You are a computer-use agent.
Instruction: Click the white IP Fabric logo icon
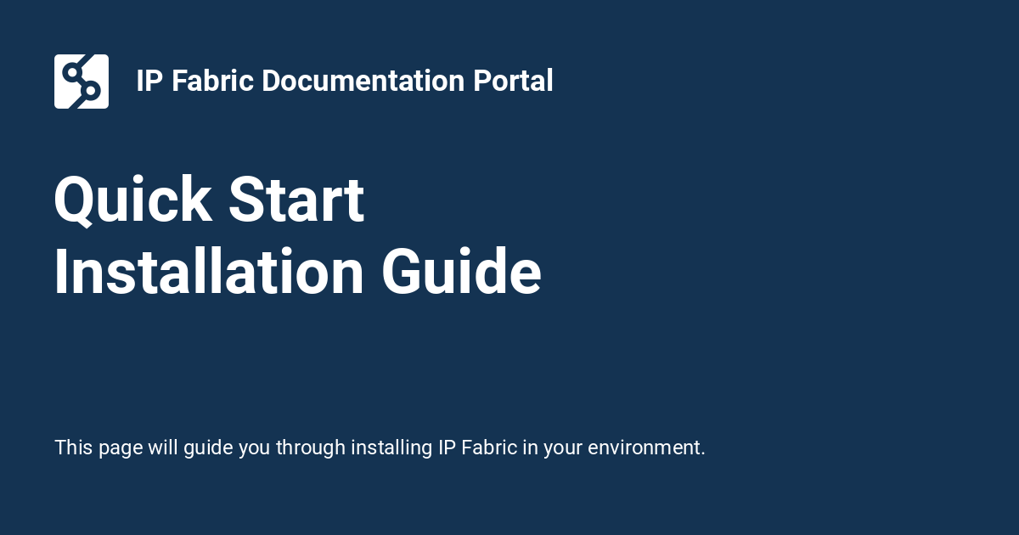coord(82,82)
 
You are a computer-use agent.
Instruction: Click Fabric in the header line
coord(213,82)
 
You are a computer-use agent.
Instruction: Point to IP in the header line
coord(149,82)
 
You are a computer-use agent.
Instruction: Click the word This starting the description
coord(74,448)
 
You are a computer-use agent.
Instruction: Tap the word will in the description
coord(163,448)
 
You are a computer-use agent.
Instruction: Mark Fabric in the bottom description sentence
coord(489,448)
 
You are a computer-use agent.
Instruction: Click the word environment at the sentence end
coord(646,448)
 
